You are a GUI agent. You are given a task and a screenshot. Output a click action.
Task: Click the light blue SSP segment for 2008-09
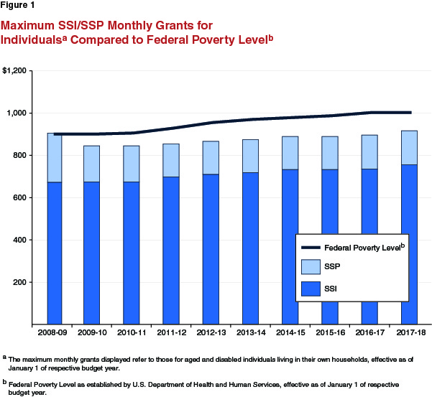coord(55,158)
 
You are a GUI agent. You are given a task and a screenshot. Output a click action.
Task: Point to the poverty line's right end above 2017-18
coord(410,112)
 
